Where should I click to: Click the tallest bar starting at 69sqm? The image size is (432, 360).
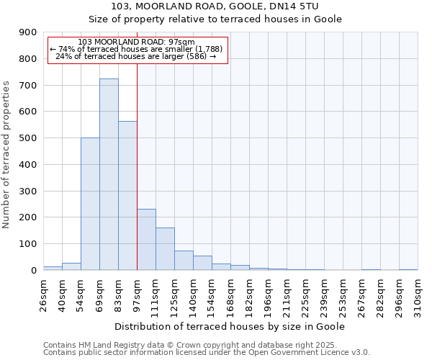[x=109, y=174]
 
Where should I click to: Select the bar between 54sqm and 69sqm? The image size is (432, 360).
[x=90, y=204]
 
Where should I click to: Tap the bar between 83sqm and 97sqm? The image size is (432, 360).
[x=127, y=195]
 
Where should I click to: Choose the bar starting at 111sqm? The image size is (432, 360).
[x=165, y=249]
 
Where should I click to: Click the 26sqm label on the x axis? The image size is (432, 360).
[x=44, y=292]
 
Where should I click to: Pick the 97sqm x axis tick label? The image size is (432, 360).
[x=138, y=292]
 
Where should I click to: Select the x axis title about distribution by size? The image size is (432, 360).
[x=230, y=326]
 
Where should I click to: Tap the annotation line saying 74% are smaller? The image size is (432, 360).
[x=137, y=49]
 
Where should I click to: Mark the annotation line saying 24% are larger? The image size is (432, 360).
[x=136, y=56]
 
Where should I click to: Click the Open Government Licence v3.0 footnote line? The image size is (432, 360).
[x=207, y=353]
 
